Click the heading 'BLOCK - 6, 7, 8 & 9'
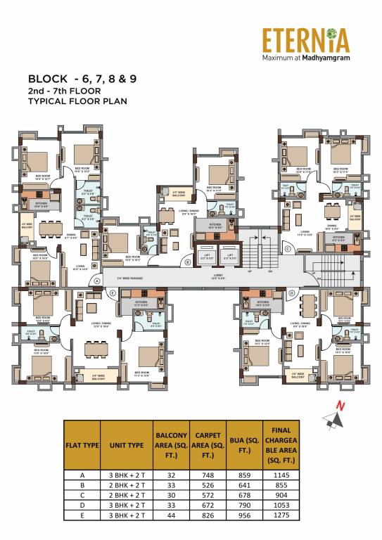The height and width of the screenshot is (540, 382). (82, 79)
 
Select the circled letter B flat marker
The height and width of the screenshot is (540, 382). (188, 262)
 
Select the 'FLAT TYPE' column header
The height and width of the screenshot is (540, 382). (82, 444)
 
